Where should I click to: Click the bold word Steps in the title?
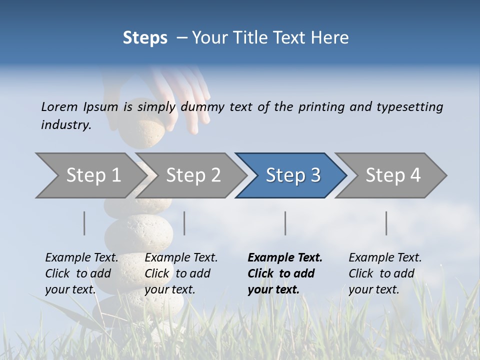click(x=145, y=38)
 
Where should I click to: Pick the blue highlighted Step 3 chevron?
click(x=293, y=175)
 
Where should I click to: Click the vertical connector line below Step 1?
click(x=84, y=223)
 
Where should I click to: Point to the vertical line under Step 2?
click(x=184, y=223)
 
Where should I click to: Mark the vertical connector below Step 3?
click(x=285, y=223)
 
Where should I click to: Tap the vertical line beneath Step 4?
click(x=386, y=223)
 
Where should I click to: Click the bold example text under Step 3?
click(x=285, y=273)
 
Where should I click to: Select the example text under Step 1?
click(x=81, y=273)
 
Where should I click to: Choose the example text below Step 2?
click(x=181, y=273)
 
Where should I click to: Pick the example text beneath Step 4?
click(x=385, y=273)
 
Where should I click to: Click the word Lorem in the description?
click(x=59, y=107)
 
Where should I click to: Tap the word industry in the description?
click(x=65, y=125)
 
